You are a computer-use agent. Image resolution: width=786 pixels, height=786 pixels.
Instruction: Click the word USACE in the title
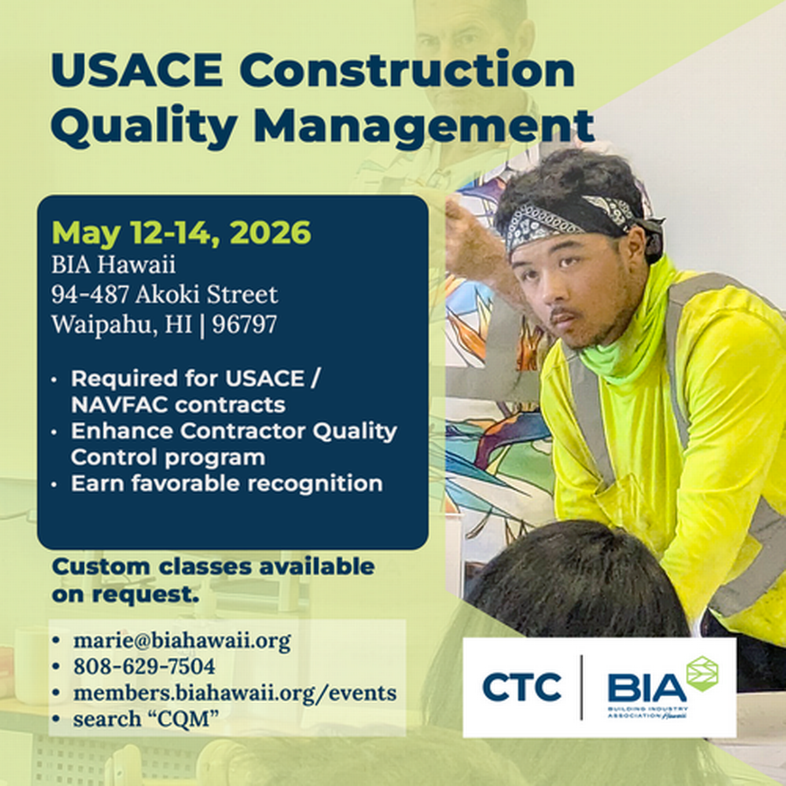[137, 69]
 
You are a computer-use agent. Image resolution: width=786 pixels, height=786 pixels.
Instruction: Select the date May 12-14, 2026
[181, 233]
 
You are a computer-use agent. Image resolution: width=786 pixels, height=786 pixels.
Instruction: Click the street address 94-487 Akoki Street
[164, 295]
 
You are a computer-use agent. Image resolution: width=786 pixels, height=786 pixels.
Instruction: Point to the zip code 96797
[244, 324]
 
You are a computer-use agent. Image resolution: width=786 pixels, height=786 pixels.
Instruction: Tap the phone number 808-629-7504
[144, 666]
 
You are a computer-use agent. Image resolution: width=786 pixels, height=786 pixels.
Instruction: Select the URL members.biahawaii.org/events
[234, 692]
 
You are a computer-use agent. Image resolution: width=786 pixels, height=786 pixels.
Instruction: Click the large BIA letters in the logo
[646, 687]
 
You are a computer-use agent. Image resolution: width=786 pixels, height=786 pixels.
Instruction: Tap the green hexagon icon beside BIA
[702, 673]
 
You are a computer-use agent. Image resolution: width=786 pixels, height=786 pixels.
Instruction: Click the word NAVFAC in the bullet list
[119, 405]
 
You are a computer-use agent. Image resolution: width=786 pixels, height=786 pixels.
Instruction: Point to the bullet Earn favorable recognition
[227, 484]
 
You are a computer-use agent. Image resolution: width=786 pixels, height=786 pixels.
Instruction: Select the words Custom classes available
[213, 567]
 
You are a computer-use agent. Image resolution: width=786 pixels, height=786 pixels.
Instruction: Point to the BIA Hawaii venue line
[113, 265]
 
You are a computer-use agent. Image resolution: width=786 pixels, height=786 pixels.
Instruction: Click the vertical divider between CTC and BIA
[582, 688]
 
